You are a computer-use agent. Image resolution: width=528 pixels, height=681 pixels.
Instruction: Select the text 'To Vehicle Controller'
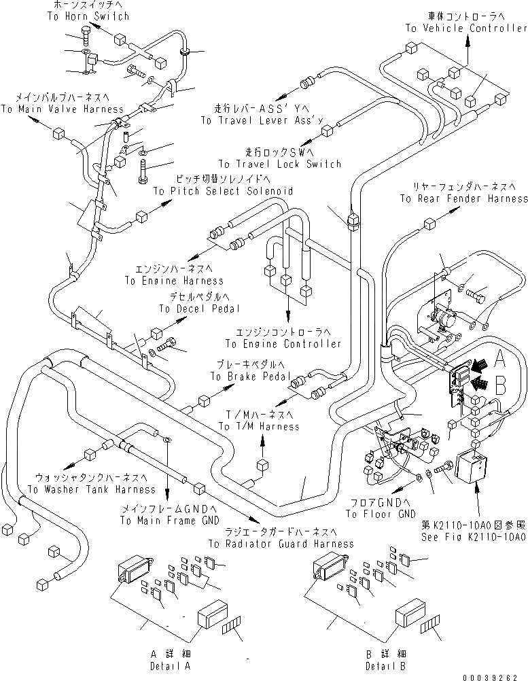(x=466, y=29)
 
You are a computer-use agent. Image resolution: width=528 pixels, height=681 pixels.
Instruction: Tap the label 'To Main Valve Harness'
(x=63, y=109)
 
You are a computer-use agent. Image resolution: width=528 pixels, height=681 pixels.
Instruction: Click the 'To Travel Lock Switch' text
(x=279, y=164)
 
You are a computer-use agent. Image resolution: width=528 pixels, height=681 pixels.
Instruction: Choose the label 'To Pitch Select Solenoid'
(x=223, y=192)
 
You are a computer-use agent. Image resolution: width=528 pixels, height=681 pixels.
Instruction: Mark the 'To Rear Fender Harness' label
(x=463, y=198)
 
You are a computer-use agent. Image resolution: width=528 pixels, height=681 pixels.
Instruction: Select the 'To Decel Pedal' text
(x=200, y=309)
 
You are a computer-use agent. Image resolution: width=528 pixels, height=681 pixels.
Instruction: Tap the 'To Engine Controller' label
(x=283, y=344)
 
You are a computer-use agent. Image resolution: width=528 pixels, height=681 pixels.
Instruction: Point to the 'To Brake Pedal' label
(x=251, y=376)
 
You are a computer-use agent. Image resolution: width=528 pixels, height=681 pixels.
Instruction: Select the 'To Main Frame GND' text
(x=170, y=521)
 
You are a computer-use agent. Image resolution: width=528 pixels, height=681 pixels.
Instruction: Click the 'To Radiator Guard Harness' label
(x=281, y=544)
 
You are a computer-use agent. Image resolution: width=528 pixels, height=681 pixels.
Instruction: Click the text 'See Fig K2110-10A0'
(x=474, y=536)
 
